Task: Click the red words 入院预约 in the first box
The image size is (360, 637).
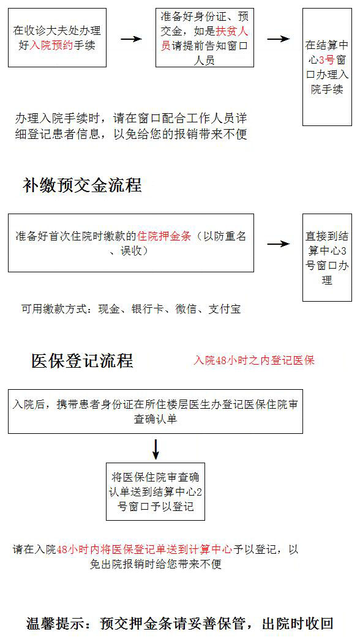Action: coord(51,45)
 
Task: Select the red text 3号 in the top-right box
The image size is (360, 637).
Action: coord(326,60)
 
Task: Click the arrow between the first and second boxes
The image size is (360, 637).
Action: coord(131,39)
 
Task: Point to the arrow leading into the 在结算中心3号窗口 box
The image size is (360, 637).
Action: coord(279,39)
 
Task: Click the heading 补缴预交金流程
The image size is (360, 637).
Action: coord(82,185)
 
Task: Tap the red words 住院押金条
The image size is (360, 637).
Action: coord(164,236)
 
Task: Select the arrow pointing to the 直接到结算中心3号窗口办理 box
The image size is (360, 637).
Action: coord(279,244)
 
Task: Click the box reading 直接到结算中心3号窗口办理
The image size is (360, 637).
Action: coord(327,258)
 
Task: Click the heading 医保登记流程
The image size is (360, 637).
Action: coord(83,361)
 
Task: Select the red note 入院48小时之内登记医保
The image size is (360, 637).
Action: coord(254,360)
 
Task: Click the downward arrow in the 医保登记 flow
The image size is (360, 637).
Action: coord(156,448)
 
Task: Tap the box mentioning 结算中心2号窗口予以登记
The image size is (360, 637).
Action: coord(156,491)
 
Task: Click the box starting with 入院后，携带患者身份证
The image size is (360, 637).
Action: coord(156,412)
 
